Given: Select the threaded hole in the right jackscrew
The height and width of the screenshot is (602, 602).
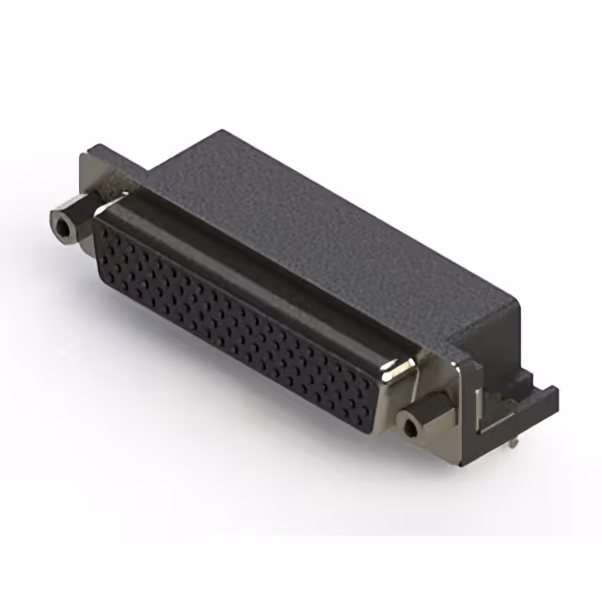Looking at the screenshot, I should (x=410, y=431).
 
